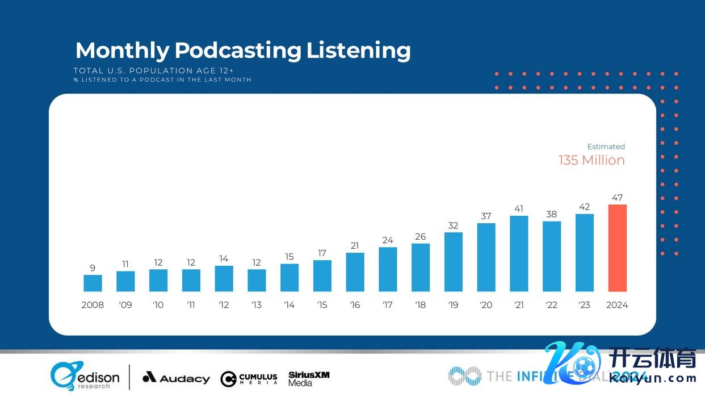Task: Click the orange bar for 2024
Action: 617,248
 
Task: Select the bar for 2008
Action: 93,283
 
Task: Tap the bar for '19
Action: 453,262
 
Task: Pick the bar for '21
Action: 519,254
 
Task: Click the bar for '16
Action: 355,272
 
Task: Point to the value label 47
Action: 617,198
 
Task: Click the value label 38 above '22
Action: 552,214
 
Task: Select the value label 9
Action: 93,268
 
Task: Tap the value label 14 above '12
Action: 224,259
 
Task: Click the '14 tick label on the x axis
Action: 289,305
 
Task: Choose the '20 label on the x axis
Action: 486,305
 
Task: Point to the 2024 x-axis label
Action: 617,305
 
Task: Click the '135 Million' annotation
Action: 591,160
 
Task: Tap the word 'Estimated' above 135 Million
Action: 606,147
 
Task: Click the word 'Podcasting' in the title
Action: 238,50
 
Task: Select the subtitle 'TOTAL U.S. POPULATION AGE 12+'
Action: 153,70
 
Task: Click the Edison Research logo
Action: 85,377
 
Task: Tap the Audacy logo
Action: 176,378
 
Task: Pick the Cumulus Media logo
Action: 249,379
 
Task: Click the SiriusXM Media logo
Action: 309,378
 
